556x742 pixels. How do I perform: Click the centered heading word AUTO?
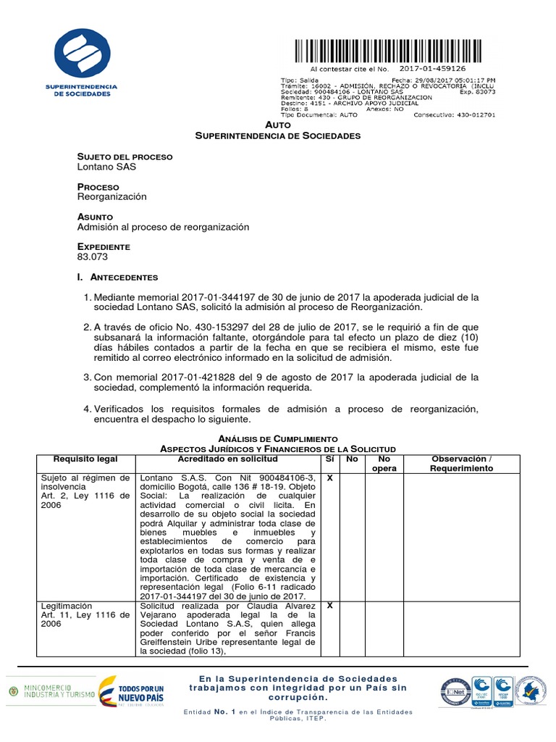tap(278, 125)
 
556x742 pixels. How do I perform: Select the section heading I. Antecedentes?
tap(117, 278)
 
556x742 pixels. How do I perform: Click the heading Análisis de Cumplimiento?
tap(278, 439)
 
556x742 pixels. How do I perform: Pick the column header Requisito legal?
tap(85, 459)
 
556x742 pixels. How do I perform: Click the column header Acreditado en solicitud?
tap(228, 459)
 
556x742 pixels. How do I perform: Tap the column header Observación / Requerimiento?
tap(461, 464)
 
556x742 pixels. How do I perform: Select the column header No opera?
tap(384, 464)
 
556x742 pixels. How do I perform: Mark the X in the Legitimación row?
tap(330, 605)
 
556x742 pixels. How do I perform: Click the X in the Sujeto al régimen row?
tap(330, 478)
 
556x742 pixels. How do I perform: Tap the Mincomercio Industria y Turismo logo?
tap(51, 693)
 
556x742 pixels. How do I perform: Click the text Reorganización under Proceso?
tap(112, 196)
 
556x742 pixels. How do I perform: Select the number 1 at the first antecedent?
tap(88, 298)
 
